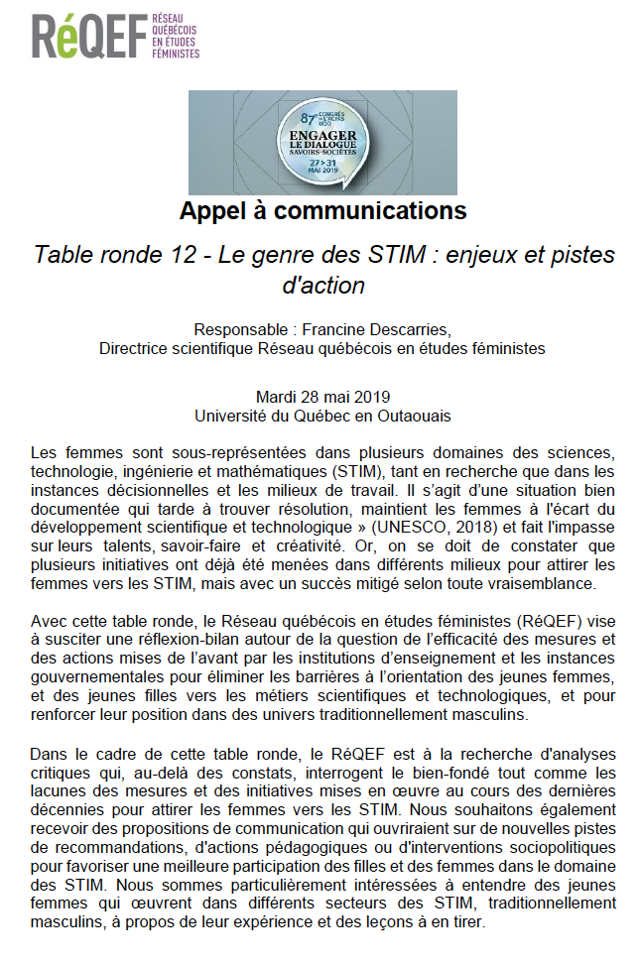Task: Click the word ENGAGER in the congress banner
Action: pyautogui.click(x=320, y=132)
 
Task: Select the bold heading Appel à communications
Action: pyautogui.click(x=322, y=211)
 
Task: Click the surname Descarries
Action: pyautogui.click(x=410, y=330)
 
